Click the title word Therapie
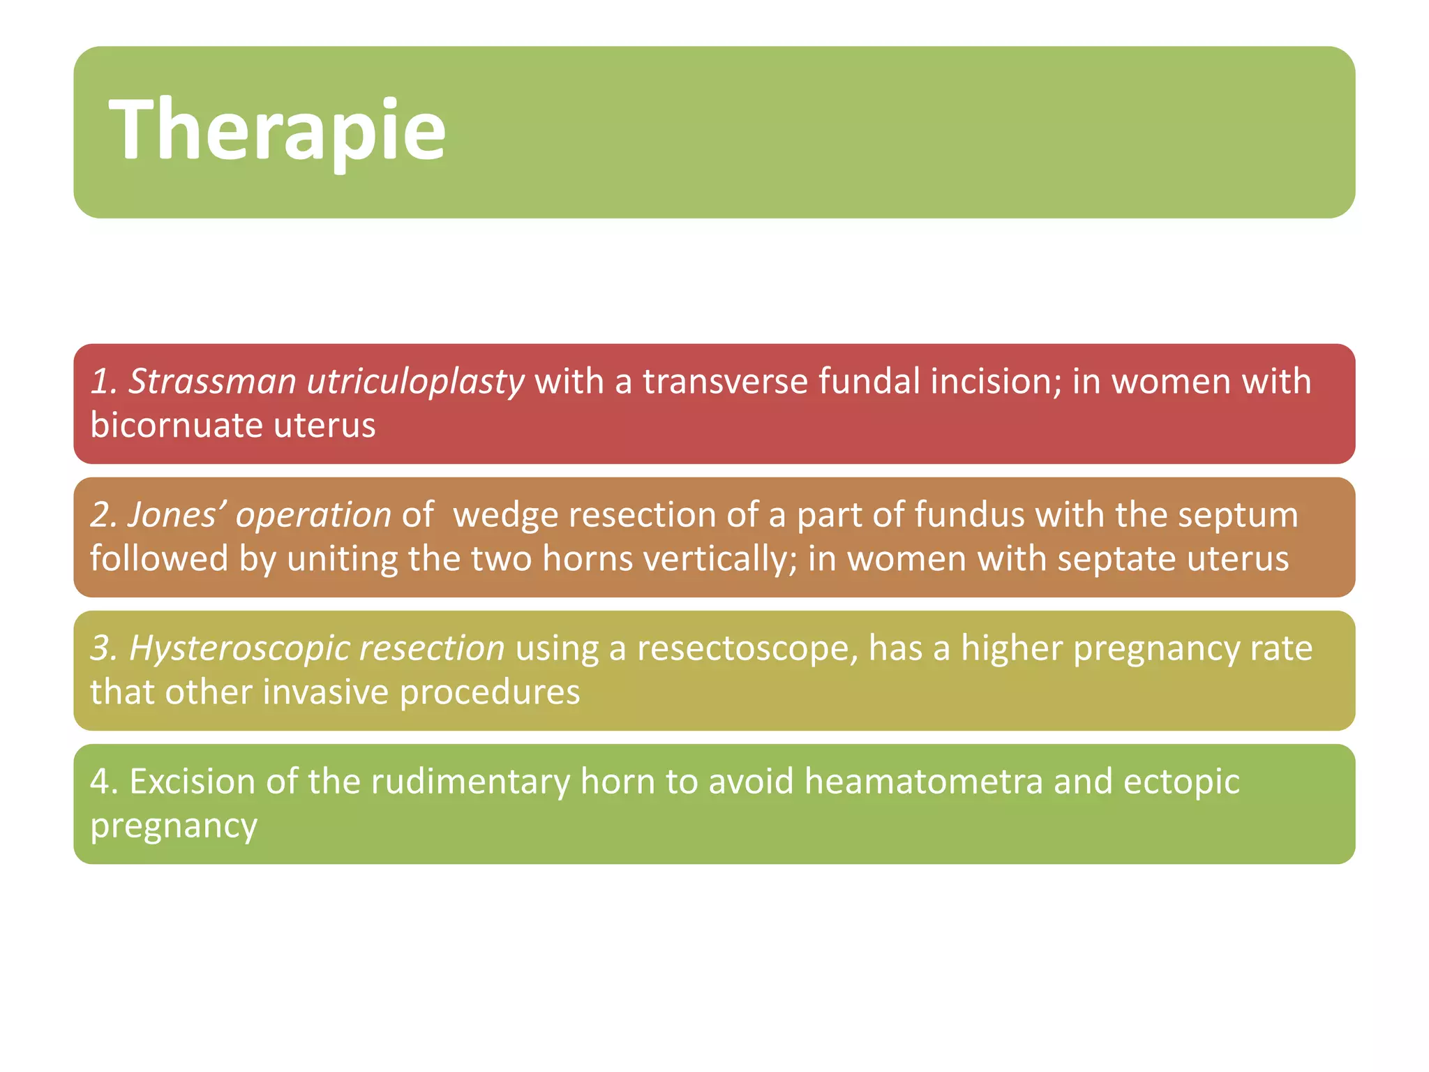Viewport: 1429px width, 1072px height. pyautogui.click(x=277, y=131)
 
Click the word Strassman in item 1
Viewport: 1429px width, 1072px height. pyautogui.click(x=212, y=382)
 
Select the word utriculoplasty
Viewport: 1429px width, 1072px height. pyautogui.click(x=415, y=382)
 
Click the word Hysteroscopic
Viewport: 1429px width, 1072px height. pyautogui.click(x=227, y=648)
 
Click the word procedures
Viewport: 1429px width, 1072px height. pyautogui.click(x=490, y=692)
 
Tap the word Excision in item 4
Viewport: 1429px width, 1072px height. pyautogui.click(x=191, y=782)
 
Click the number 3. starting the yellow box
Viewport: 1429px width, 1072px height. pyautogui.click(x=104, y=648)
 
